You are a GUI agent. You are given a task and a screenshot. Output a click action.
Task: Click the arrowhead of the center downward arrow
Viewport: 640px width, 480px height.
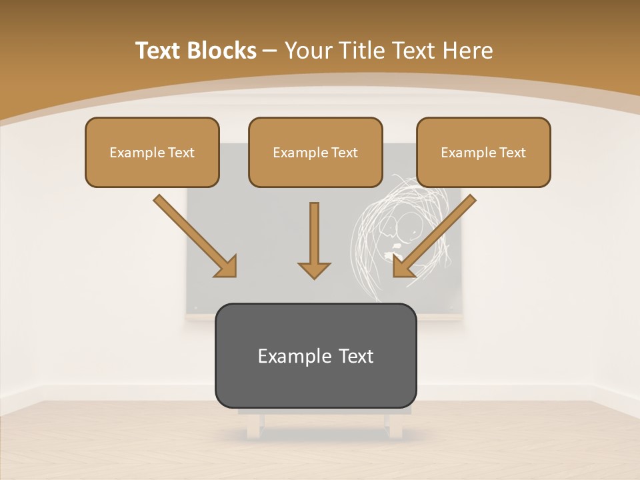[314, 269]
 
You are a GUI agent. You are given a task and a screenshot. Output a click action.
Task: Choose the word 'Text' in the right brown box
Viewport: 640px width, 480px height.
[513, 153]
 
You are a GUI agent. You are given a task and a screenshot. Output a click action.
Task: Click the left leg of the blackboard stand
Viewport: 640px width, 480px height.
[253, 427]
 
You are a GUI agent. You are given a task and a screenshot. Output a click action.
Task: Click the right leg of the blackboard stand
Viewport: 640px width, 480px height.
[396, 427]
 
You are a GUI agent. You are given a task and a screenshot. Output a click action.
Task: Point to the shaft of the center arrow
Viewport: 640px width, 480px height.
[314, 230]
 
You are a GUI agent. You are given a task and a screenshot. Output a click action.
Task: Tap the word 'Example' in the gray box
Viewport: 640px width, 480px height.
[295, 356]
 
